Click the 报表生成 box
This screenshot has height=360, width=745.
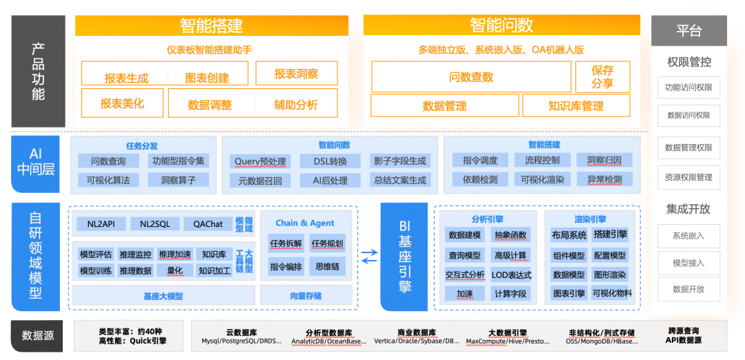pyautogui.click(x=126, y=77)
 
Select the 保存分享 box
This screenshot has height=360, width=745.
pyautogui.click(x=602, y=77)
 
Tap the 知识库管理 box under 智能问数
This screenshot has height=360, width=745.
pyautogui.click(x=575, y=106)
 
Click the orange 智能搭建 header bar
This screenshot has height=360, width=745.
pyautogui.click(x=211, y=26)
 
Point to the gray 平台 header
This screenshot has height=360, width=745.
pyautogui.click(x=688, y=31)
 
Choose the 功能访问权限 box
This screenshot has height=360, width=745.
pyautogui.click(x=688, y=88)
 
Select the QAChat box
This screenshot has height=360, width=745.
pyautogui.click(x=208, y=224)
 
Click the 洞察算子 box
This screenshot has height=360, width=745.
pyautogui.click(x=178, y=180)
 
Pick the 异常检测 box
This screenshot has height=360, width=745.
pyautogui.click(x=604, y=179)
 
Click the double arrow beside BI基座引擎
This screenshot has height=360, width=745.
pyautogui.click(x=370, y=257)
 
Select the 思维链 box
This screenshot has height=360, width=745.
pyautogui.click(x=327, y=266)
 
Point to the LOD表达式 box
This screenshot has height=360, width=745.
pyautogui.click(x=512, y=274)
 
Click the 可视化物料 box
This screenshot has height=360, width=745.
pyautogui.click(x=611, y=293)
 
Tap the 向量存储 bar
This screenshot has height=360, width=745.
pyautogui.click(x=306, y=296)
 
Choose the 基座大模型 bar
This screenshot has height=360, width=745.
pyautogui.click(x=163, y=296)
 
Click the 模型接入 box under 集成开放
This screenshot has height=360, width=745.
pyautogui.click(x=688, y=263)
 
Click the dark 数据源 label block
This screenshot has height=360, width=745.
pyautogui.click(x=38, y=336)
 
